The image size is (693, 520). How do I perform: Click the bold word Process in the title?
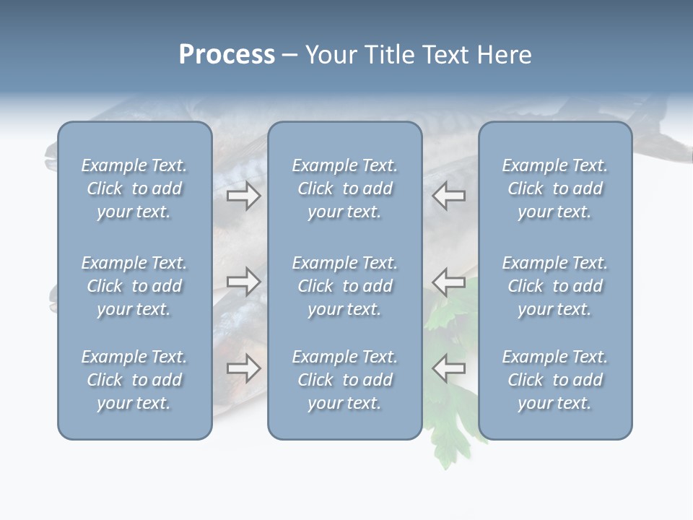[x=227, y=55]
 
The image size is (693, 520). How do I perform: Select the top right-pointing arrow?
[x=244, y=196]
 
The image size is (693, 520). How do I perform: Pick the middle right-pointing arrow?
[x=244, y=281]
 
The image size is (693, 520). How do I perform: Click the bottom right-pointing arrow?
[x=244, y=368]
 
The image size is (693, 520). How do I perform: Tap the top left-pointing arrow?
[x=448, y=196]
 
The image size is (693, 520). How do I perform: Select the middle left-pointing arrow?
[x=448, y=281]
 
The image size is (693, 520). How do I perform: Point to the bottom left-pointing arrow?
[x=448, y=368]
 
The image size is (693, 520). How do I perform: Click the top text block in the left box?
[x=134, y=188]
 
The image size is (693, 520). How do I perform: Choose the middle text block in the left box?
[x=134, y=286]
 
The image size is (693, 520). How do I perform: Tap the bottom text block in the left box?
[x=134, y=380]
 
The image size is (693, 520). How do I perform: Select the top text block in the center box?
[x=344, y=188]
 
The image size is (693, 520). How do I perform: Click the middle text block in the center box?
[x=344, y=286]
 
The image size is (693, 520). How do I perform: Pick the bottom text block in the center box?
[x=344, y=380]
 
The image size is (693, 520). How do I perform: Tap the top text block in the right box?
[x=555, y=188]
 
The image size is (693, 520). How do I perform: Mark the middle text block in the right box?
[x=555, y=286]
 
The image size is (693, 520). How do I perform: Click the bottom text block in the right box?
[x=555, y=380]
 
